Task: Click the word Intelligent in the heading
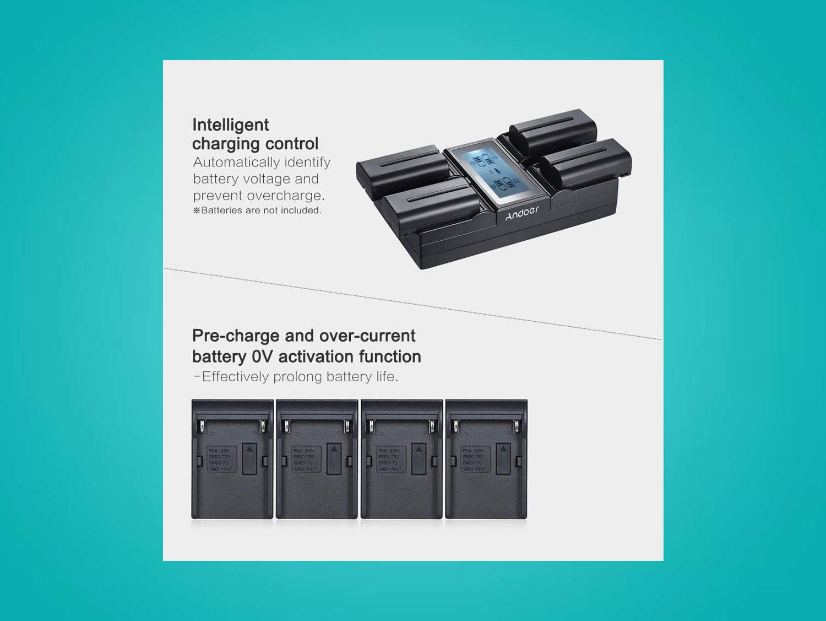[x=231, y=125]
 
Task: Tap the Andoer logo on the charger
[x=521, y=213]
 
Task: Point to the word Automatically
[x=237, y=163]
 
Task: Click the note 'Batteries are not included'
[x=257, y=210]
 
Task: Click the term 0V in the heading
[x=262, y=357]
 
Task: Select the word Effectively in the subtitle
[x=236, y=377]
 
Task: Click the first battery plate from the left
[x=232, y=459]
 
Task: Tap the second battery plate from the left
[x=317, y=459]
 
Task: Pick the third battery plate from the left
[x=402, y=459]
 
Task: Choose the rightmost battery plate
[x=486, y=459]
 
